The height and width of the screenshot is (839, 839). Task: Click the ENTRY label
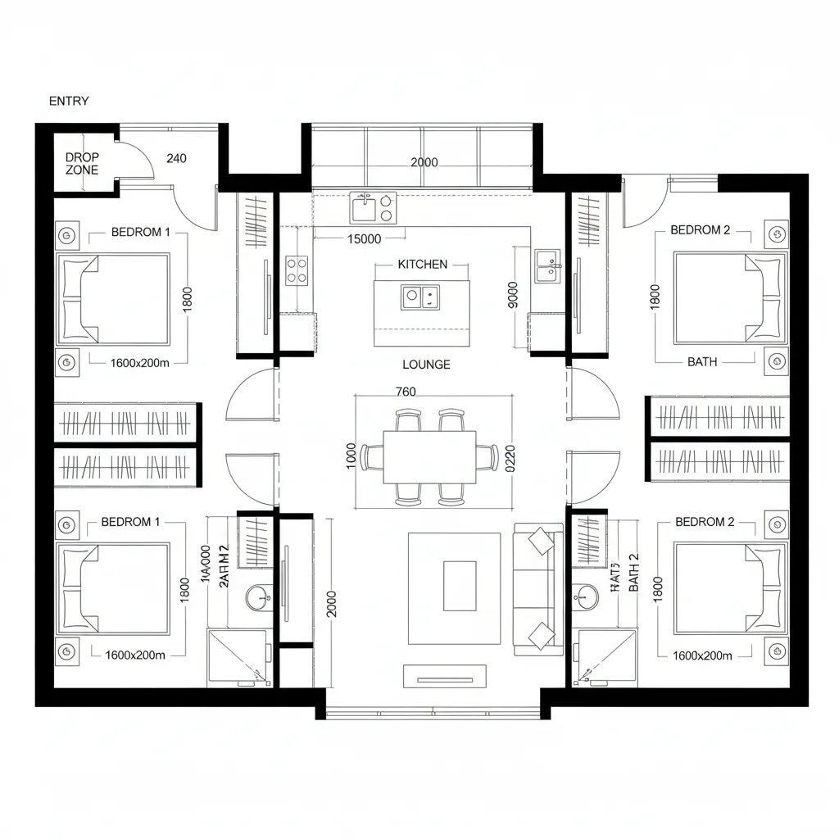69,101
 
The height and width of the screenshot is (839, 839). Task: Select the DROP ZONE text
82,163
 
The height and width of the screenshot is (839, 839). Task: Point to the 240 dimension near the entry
176,158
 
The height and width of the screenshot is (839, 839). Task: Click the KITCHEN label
423,264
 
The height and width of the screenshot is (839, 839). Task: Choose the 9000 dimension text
513,294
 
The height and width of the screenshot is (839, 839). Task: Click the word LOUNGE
426,365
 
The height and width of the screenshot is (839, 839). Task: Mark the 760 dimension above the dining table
406,392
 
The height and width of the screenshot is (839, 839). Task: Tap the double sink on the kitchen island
419,297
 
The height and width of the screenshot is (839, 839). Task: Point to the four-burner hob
296,270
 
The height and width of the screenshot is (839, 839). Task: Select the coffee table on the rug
460,585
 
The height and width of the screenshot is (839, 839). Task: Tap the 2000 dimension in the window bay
423,162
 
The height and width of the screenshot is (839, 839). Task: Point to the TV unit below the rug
444,677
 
